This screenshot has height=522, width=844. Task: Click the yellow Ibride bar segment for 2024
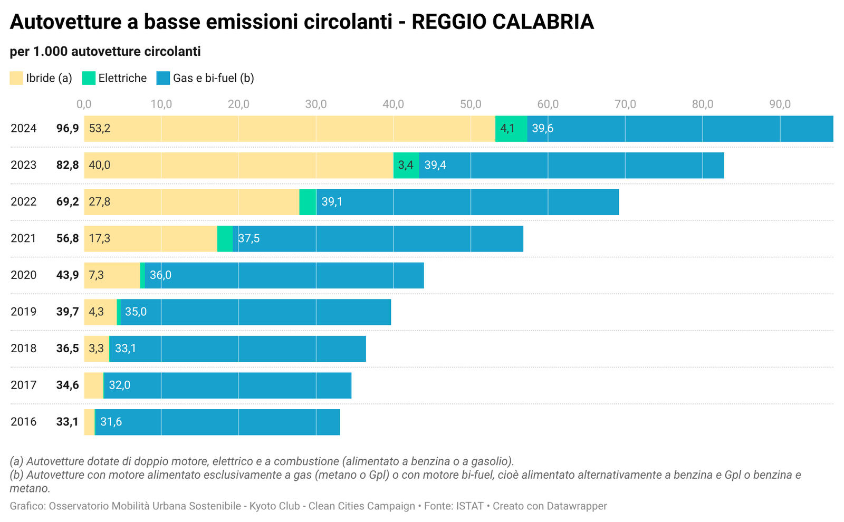(289, 129)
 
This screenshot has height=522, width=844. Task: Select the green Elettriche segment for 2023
(406, 165)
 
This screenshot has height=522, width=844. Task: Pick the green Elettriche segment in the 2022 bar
(308, 202)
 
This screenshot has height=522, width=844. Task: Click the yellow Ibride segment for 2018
(97, 349)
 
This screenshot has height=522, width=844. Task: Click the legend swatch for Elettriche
(89, 78)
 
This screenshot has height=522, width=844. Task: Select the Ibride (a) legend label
(49, 78)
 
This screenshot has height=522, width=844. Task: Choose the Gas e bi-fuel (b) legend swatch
(163, 78)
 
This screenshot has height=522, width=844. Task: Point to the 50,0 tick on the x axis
(471, 104)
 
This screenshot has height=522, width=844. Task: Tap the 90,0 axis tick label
(780, 104)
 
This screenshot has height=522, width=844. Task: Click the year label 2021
(24, 238)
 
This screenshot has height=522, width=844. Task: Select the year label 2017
(24, 385)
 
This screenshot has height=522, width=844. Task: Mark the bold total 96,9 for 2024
(68, 129)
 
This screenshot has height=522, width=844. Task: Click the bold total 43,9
(68, 275)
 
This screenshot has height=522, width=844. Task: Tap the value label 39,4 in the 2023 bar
(435, 165)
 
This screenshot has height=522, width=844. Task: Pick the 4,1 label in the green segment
(507, 129)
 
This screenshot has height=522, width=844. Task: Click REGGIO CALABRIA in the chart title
(502, 22)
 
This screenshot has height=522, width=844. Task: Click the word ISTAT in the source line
(469, 506)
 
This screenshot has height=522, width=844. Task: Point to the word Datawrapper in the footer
(577, 506)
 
